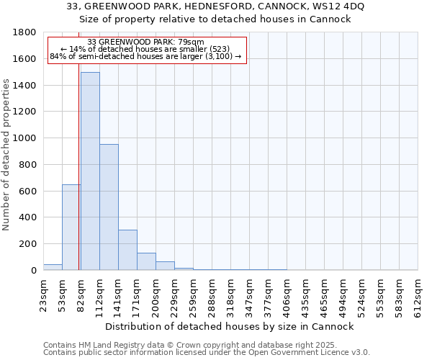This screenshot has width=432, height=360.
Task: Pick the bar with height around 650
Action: coord(71,227)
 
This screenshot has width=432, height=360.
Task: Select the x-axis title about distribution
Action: coord(229,326)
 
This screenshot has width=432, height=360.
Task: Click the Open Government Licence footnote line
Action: coord(207,353)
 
